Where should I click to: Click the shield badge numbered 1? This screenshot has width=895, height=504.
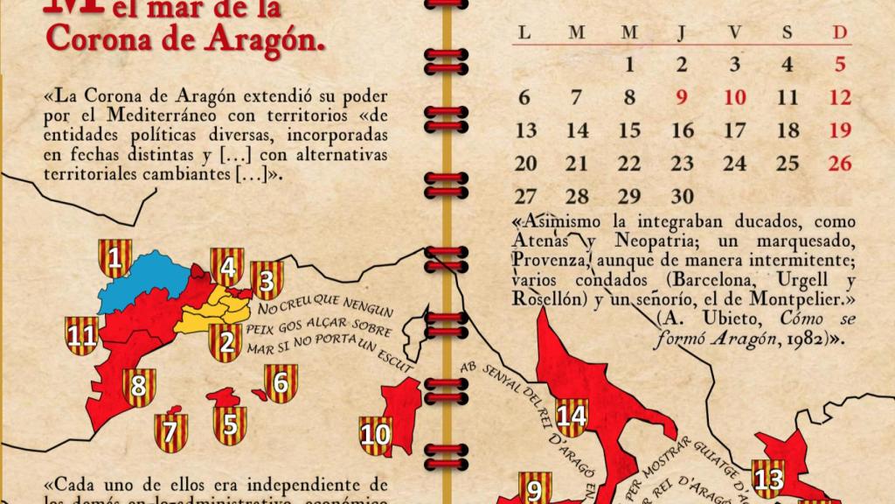coord(115,258)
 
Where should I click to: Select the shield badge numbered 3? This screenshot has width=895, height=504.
coord(267,281)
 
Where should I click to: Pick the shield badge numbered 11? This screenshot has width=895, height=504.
coord(82,335)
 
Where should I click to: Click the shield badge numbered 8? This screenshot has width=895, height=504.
coord(138,386)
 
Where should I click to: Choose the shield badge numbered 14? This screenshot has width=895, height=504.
coord(572,416)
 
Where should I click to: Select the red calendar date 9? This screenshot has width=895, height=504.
coord(683,98)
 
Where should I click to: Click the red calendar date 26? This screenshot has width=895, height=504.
coord(841,163)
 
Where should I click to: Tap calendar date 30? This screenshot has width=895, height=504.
coord(683,196)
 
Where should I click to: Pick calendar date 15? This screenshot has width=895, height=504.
coord(629,130)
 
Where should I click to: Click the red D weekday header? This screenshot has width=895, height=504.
coord(841,33)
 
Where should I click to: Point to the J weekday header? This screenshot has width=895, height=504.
coord(682,33)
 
